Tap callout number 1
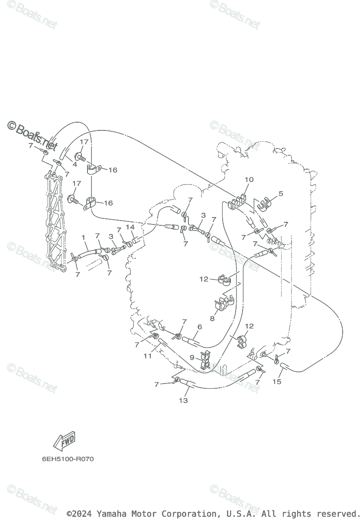click(84, 237)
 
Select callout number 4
click(75, 165)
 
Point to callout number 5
click(281, 193)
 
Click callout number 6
click(199, 327)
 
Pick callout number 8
click(212, 318)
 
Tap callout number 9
click(192, 357)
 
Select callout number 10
click(249, 179)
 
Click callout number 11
click(148, 356)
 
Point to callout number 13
click(183, 400)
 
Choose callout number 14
click(130, 227)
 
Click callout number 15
click(277, 381)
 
